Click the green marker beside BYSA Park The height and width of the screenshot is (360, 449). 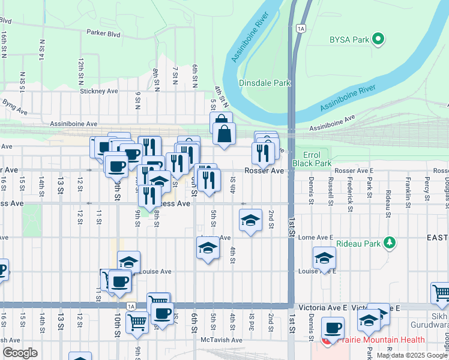[378, 40]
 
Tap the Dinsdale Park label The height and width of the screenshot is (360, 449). [265, 83]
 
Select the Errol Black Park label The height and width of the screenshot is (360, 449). [312, 158]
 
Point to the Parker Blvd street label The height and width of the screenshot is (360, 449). [103, 34]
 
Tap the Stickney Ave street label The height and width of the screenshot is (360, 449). [100, 91]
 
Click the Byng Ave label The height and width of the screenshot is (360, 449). [15, 107]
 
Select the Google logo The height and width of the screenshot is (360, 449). [20, 353]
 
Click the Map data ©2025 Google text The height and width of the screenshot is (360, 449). [412, 355]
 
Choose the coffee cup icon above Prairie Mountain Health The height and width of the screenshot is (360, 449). [333, 328]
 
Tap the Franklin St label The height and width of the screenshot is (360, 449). [408, 188]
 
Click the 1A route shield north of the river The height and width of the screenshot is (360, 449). [301, 28]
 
